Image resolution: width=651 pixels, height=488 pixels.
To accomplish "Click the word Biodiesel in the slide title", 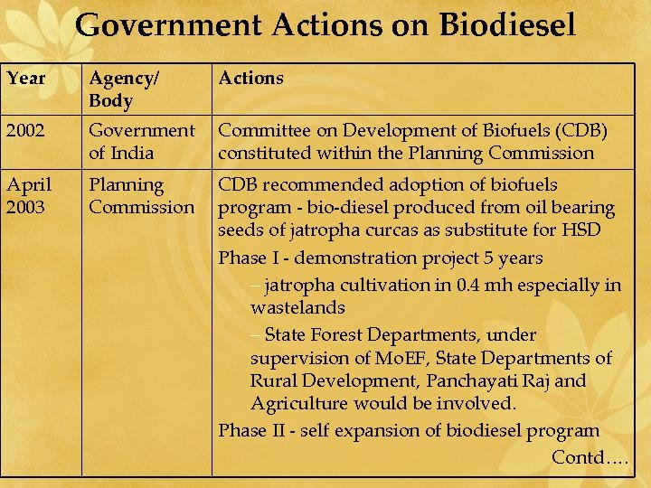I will (x=507, y=24).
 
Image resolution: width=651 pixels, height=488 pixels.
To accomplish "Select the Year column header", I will (x=26, y=78).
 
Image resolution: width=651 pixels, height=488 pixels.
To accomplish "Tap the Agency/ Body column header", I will (x=123, y=89).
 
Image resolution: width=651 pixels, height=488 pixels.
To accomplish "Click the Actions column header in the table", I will (x=250, y=78).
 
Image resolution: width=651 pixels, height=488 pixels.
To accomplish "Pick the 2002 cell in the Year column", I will (x=26, y=130).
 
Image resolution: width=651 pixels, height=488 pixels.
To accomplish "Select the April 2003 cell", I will (x=30, y=196).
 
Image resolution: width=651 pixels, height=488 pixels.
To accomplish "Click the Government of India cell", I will (x=141, y=141).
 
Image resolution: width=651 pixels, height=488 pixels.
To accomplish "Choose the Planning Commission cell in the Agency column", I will (x=141, y=196).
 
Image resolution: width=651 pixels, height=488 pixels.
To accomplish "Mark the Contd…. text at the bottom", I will (x=590, y=456).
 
